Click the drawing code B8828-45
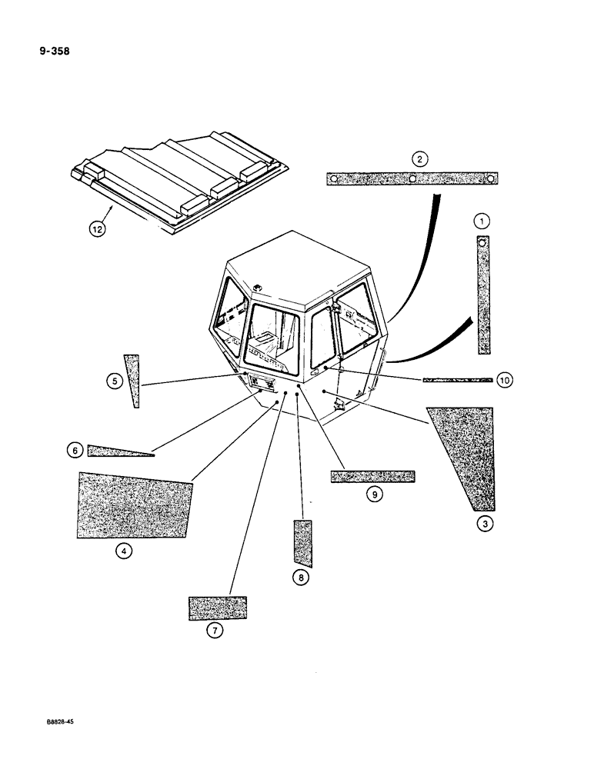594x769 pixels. (x=55, y=723)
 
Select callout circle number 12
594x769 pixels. (x=97, y=228)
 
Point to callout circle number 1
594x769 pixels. (x=482, y=221)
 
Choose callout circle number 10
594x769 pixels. (x=505, y=380)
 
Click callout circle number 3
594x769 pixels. (x=484, y=524)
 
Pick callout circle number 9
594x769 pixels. (x=373, y=494)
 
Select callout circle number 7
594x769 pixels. (x=215, y=631)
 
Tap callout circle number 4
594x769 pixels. (x=122, y=551)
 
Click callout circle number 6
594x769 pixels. (x=75, y=451)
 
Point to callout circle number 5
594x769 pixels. (x=113, y=380)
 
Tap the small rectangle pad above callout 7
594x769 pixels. (x=217, y=607)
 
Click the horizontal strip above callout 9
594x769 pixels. (x=372, y=476)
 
